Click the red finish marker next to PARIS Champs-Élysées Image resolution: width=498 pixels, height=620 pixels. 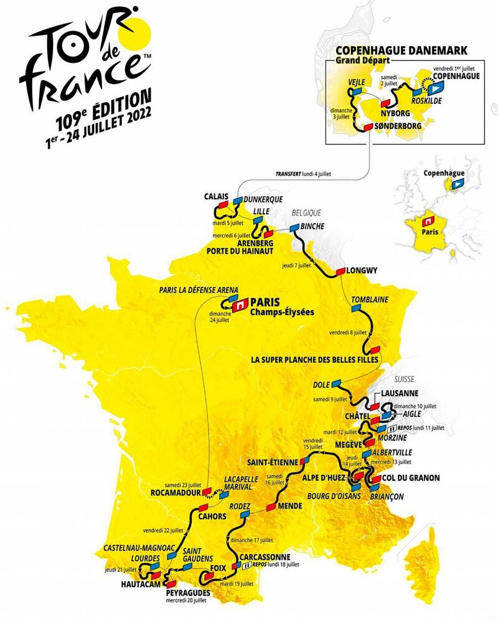coord(240,305)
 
